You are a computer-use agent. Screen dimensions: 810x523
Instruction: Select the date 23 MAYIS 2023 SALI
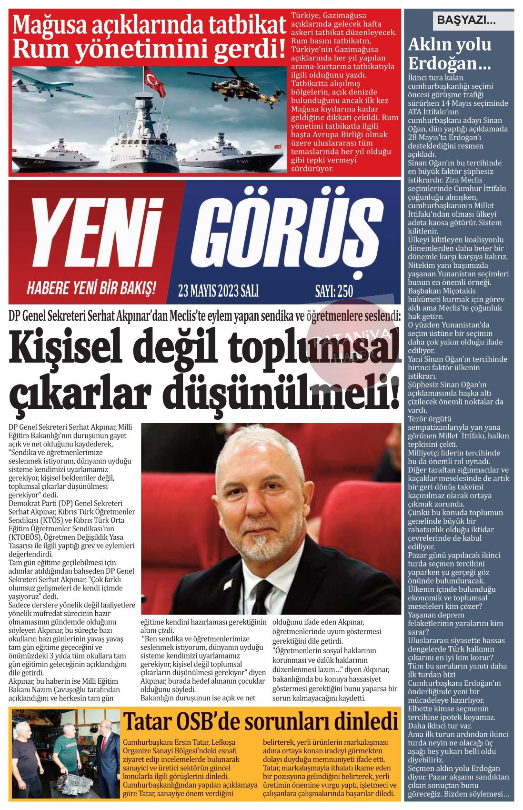tap(218, 290)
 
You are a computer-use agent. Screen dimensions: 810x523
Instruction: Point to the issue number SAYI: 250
tap(334, 290)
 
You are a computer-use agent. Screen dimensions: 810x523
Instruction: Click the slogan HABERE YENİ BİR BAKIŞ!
tap(91, 288)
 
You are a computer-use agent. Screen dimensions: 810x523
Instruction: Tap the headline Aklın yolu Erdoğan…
tap(450, 53)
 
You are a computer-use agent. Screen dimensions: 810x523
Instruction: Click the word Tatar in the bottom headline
tap(147, 722)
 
